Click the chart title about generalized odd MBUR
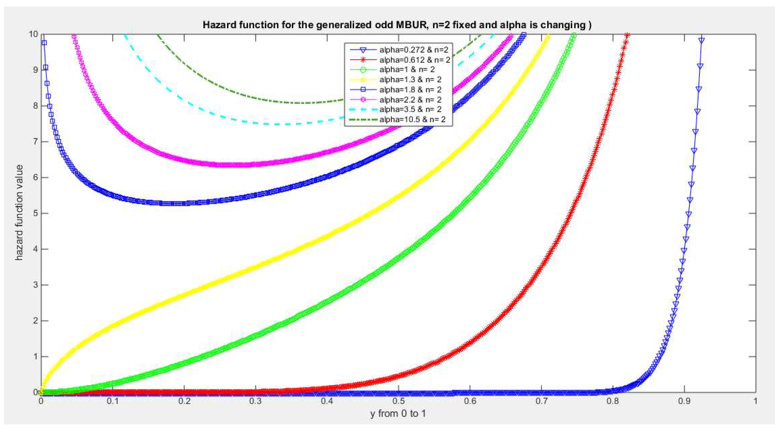click(397, 25)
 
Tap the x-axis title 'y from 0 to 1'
click(398, 414)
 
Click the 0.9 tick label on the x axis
click(684, 401)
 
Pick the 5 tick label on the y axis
click(36, 213)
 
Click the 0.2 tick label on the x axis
click(184, 401)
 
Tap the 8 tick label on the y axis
click(36, 106)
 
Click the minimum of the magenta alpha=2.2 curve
click(236, 165)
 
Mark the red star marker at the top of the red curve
click(627, 35)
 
